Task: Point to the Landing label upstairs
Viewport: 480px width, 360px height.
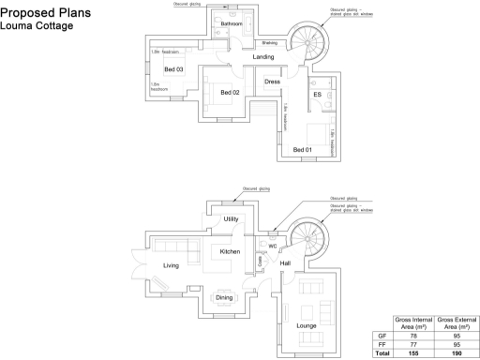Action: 263,57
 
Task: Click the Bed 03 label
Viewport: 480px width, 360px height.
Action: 173,70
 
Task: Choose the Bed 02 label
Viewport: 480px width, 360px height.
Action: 231,92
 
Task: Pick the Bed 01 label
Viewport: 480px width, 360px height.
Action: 303,149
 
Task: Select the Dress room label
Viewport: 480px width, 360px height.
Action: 273,82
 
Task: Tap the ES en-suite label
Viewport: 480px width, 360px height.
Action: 317,96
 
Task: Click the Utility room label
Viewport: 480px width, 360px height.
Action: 231,218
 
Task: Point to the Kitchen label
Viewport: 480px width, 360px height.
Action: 230,251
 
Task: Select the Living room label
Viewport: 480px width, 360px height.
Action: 171,266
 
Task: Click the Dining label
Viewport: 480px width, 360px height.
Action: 224,297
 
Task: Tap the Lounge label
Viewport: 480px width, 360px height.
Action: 306,325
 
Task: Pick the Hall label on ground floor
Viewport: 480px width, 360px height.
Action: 286,263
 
